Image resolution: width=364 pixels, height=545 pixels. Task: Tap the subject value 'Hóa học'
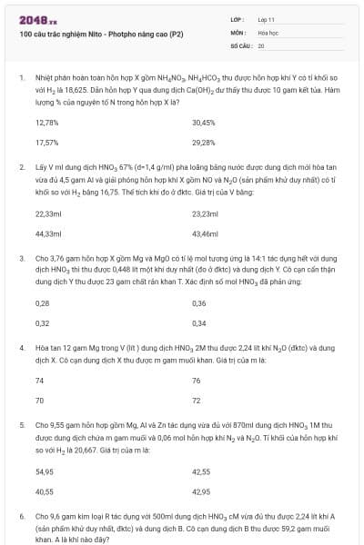pyautogui.click(x=268, y=32)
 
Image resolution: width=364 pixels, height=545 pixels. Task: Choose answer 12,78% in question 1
pyautogui.click(x=46, y=122)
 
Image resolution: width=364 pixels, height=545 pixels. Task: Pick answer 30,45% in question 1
pyautogui.click(x=204, y=122)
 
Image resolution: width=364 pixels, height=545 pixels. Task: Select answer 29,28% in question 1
pyautogui.click(x=204, y=143)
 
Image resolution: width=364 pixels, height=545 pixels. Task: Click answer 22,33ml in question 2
pyautogui.click(x=47, y=213)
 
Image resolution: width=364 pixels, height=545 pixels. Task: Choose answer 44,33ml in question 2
pyautogui.click(x=47, y=234)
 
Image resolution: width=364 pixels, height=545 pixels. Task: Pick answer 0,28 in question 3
pyautogui.click(x=42, y=302)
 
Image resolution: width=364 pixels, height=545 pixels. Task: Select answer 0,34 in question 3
pyautogui.click(x=199, y=323)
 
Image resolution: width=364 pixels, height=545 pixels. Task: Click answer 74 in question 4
pyautogui.click(x=39, y=381)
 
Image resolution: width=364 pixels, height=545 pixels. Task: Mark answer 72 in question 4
pyautogui.click(x=197, y=401)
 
